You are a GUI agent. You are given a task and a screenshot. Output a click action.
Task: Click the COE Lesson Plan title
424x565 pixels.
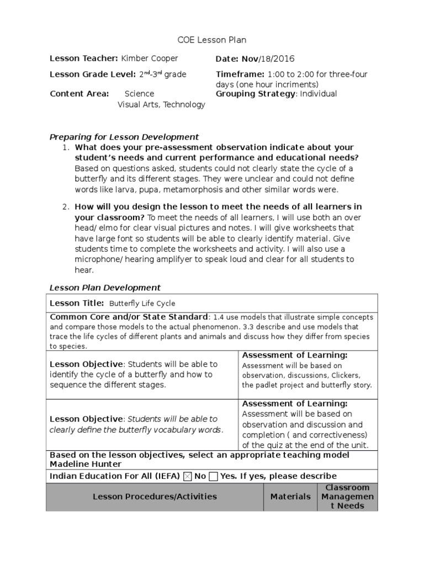[x=211, y=40]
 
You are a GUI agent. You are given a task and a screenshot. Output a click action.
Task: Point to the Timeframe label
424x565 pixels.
[x=240, y=74]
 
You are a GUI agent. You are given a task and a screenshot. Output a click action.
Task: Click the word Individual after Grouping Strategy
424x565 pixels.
[x=319, y=94]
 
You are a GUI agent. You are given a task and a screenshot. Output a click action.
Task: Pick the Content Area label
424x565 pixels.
[x=79, y=94]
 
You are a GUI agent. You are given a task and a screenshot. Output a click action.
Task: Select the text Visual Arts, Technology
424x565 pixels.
[x=161, y=104]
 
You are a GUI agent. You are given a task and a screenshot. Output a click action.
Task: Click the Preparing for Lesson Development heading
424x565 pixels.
[x=124, y=137]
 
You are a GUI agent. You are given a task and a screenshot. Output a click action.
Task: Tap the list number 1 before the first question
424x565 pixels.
[x=65, y=147]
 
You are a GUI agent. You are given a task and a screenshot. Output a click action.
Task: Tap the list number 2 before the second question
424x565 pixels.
[x=65, y=206]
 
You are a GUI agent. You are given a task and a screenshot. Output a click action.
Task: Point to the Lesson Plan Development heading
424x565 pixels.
[x=105, y=287]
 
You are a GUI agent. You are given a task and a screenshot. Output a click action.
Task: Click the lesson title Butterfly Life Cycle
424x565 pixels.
[x=142, y=303]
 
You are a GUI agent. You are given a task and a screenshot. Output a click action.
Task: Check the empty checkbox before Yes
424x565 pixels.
[x=214, y=476]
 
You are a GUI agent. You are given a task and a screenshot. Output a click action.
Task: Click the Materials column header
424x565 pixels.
[x=290, y=497]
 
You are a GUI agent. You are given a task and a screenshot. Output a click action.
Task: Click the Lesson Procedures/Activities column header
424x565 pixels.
[x=155, y=497]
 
